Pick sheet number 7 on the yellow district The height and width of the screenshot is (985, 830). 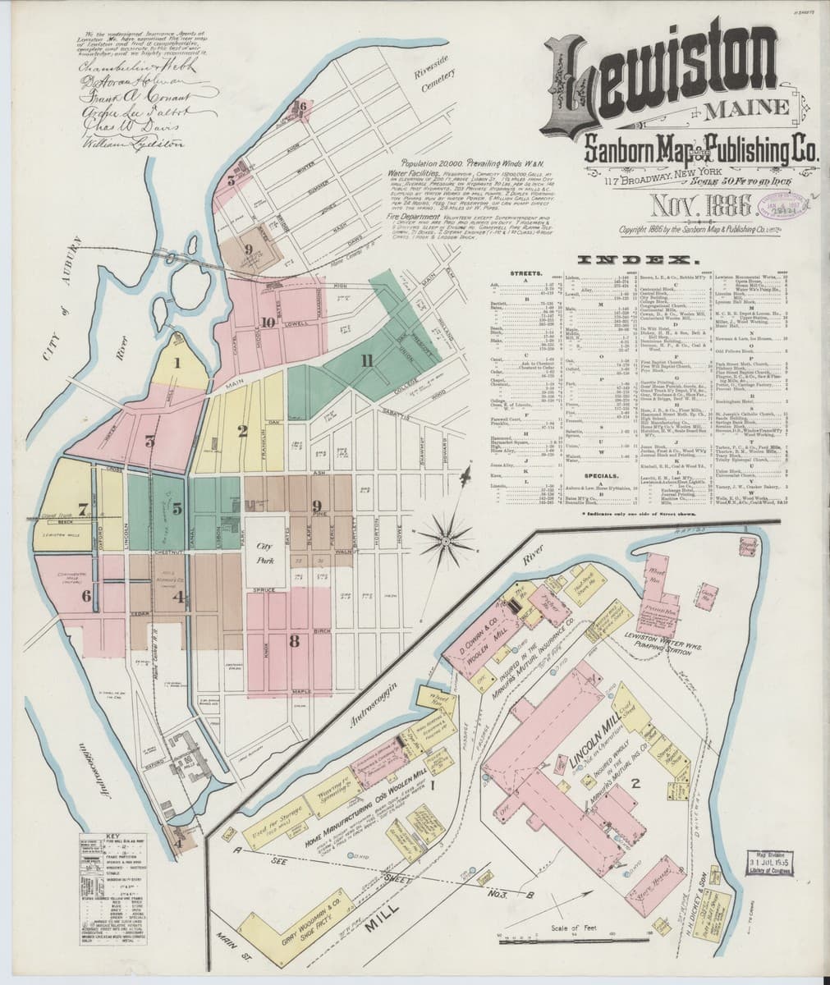tap(60, 507)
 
